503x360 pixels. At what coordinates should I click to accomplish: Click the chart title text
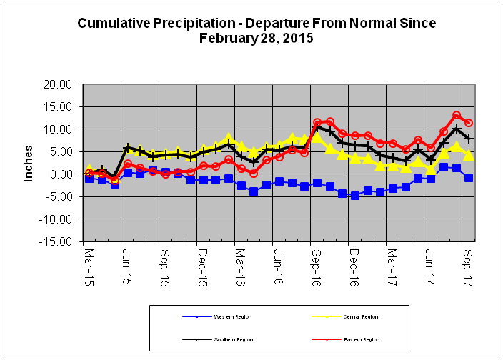[256, 31]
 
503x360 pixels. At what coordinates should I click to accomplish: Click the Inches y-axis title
[29, 164]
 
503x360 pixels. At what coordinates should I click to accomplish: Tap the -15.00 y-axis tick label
[58, 241]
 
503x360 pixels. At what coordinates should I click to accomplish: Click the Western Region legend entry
[229, 316]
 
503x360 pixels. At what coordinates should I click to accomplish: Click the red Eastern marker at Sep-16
[317, 123]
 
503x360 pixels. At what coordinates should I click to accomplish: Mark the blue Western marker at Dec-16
[355, 195]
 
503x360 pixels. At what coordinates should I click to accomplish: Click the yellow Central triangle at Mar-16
[241, 146]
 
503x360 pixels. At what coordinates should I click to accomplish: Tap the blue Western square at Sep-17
[469, 177]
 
